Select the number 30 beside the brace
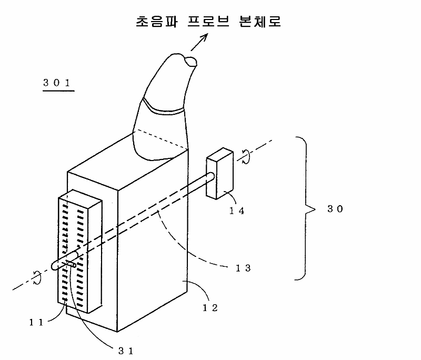(x=335, y=209)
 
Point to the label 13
(x=243, y=268)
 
